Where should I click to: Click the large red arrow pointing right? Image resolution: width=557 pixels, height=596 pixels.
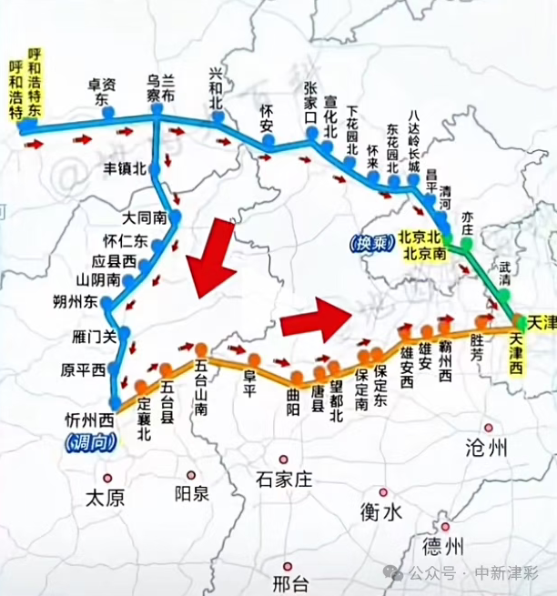coord(316,318)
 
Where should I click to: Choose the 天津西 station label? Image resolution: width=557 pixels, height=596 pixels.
coord(518,353)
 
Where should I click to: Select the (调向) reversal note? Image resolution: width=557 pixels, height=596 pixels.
coord(88,441)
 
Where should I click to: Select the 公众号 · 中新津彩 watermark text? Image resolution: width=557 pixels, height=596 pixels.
coord(478,573)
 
